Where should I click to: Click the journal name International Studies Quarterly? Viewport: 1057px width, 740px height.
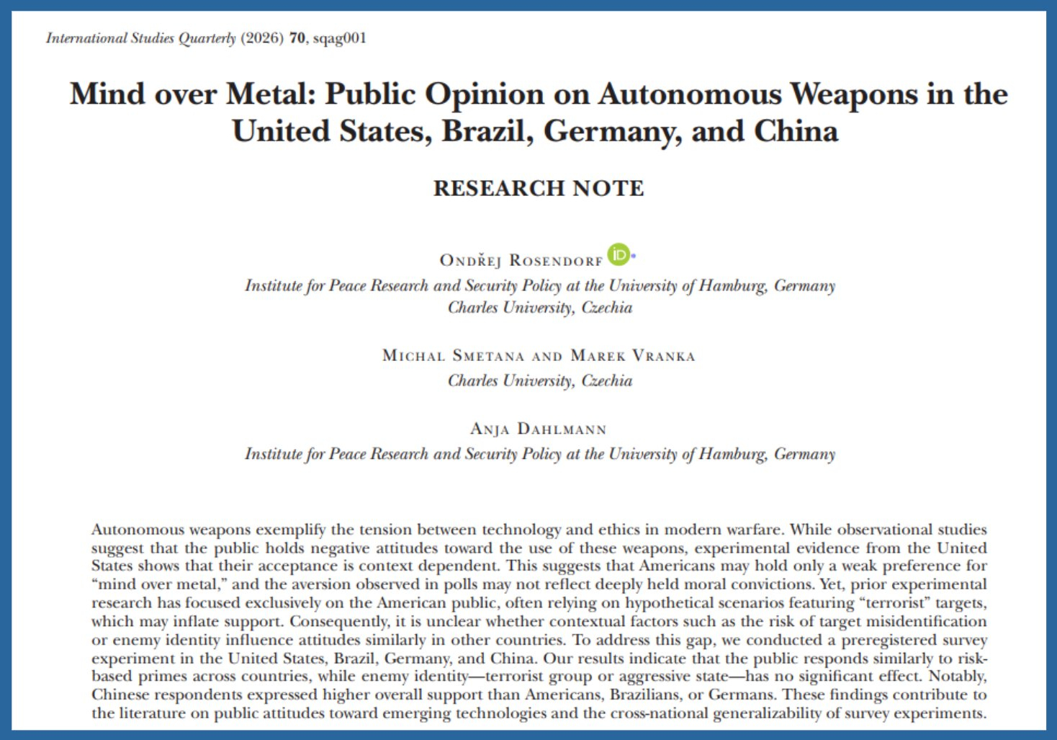point(140,38)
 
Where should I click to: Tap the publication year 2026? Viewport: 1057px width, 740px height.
point(262,38)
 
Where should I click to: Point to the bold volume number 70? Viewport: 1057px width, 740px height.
point(297,38)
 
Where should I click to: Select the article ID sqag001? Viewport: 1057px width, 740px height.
point(340,38)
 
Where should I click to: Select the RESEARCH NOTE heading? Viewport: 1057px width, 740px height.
point(539,188)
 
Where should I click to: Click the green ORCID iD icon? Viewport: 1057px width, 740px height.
point(618,254)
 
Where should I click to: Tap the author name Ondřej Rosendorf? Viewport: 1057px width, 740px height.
point(521,260)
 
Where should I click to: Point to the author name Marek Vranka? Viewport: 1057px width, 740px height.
point(633,355)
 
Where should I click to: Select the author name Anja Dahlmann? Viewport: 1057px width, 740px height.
point(539,429)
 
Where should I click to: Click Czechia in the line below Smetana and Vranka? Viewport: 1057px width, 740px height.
point(606,380)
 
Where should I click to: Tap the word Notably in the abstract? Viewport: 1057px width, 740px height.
point(958,677)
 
